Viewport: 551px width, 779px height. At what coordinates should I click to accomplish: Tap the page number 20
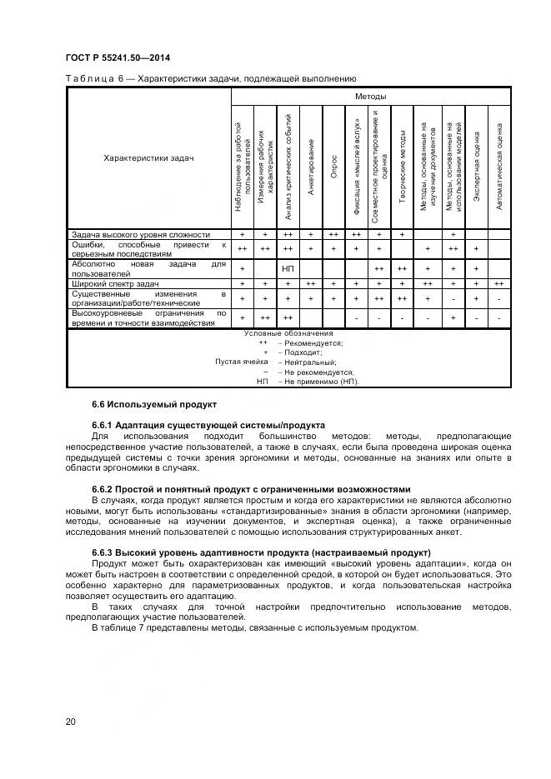point(71,720)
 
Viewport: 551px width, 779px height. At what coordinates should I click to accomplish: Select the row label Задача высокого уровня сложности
point(140,235)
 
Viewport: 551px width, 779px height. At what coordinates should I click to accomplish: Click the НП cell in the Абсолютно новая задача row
point(288,269)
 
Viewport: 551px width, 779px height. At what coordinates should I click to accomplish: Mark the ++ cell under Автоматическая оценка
point(498,284)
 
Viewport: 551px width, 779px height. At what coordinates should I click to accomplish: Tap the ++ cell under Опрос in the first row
point(333,235)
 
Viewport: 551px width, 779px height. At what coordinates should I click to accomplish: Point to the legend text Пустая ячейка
point(242,362)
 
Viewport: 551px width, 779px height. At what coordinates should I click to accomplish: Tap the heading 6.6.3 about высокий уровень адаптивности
point(261,552)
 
